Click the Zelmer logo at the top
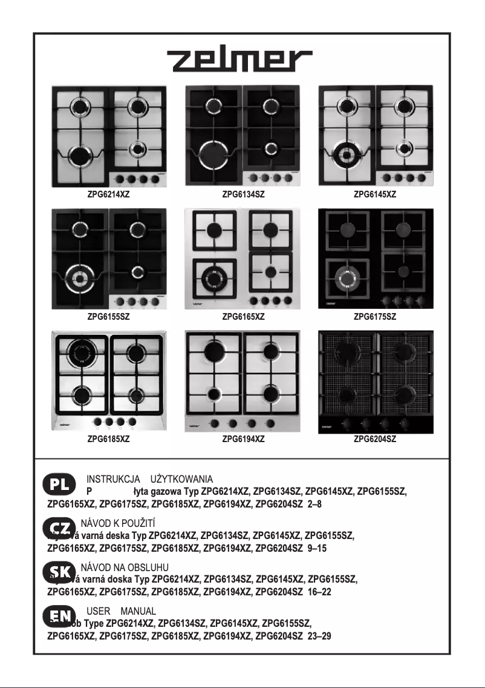(x=240, y=61)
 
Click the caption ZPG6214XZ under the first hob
(x=108, y=195)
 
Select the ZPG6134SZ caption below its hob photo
(x=243, y=195)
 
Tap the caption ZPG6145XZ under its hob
(x=375, y=195)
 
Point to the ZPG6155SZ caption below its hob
(x=108, y=316)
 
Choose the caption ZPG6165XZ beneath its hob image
(x=243, y=316)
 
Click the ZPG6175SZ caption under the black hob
(x=375, y=316)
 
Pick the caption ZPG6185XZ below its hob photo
(x=108, y=439)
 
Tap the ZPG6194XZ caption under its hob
(x=243, y=439)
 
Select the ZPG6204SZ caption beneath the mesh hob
(x=375, y=439)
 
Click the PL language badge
(x=59, y=485)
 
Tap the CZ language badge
(x=59, y=528)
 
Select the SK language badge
(x=59, y=571)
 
